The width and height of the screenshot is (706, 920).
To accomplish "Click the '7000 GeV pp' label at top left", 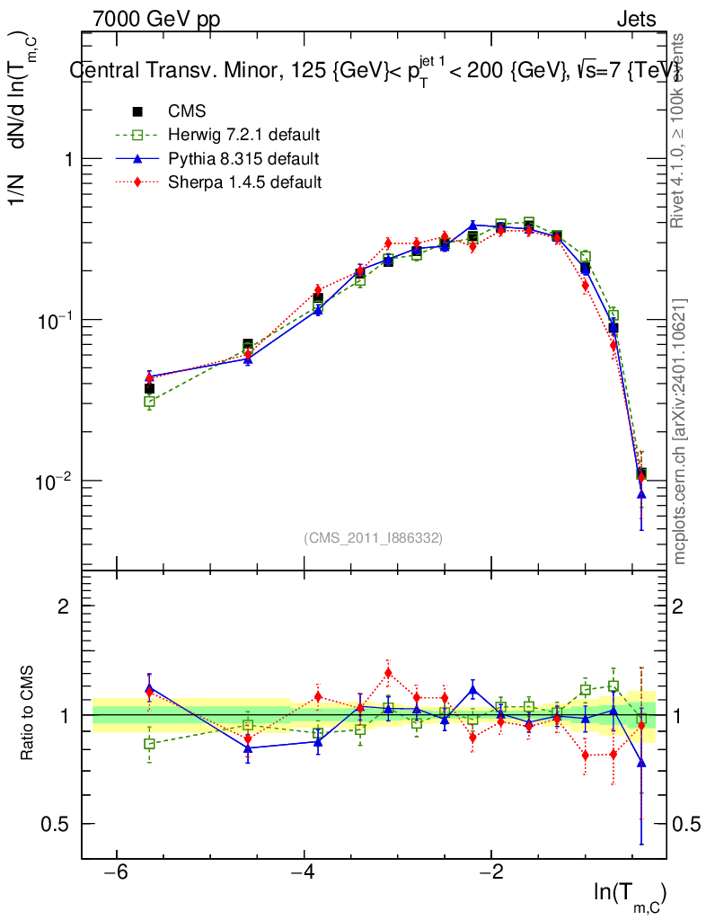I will (156, 19).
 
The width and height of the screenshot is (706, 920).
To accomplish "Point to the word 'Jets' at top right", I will (635, 19).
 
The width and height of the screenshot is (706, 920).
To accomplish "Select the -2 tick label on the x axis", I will (490, 873).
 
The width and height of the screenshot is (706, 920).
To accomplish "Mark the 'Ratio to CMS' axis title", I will (28, 714).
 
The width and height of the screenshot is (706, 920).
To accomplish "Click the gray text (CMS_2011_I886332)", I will (374, 537).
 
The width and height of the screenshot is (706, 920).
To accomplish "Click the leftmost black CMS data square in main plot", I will (149, 389).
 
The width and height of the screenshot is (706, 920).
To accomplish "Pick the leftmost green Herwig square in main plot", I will (149, 402).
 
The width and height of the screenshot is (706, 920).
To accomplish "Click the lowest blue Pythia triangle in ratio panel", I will (641, 763).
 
